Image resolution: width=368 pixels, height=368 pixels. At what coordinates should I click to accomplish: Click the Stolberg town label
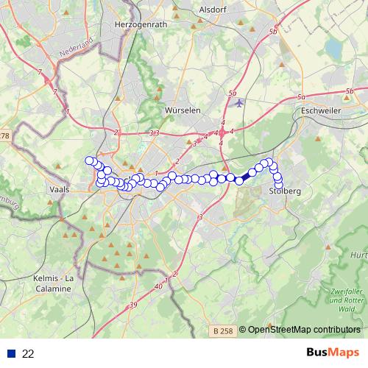286,191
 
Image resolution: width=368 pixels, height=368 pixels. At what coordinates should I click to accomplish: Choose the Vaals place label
58,188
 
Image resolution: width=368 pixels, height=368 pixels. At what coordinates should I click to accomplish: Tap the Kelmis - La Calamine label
52,283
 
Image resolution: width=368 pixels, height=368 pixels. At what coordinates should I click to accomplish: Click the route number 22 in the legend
29,354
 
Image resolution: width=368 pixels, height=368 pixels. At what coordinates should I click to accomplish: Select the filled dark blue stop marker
239,180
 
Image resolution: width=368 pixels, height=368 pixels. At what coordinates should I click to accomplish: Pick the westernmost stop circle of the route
90,160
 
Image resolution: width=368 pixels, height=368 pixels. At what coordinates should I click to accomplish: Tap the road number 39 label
132,305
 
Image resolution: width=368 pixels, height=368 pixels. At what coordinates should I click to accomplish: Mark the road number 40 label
159,286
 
